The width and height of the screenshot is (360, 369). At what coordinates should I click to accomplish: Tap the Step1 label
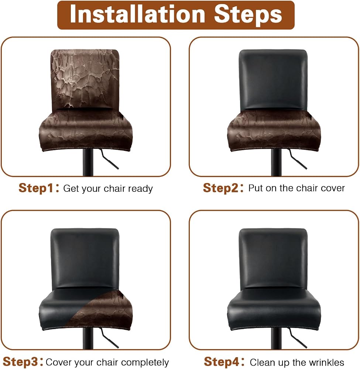pyautogui.click(x=36, y=188)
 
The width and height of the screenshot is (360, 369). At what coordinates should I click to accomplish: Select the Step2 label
pyautogui.click(x=220, y=188)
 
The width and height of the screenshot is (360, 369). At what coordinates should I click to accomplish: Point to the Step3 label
pyautogui.click(x=20, y=362)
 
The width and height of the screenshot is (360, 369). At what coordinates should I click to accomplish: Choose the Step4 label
pyautogui.click(x=222, y=362)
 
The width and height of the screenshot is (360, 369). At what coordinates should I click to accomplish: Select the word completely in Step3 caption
pyautogui.click(x=145, y=363)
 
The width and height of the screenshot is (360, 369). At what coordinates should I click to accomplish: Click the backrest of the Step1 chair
pyautogui.click(x=85, y=79)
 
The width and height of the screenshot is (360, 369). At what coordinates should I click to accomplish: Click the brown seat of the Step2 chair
pyautogui.click(x=274, y=131)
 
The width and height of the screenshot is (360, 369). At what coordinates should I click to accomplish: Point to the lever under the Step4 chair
pyautogui.click(x=298, y=338)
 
